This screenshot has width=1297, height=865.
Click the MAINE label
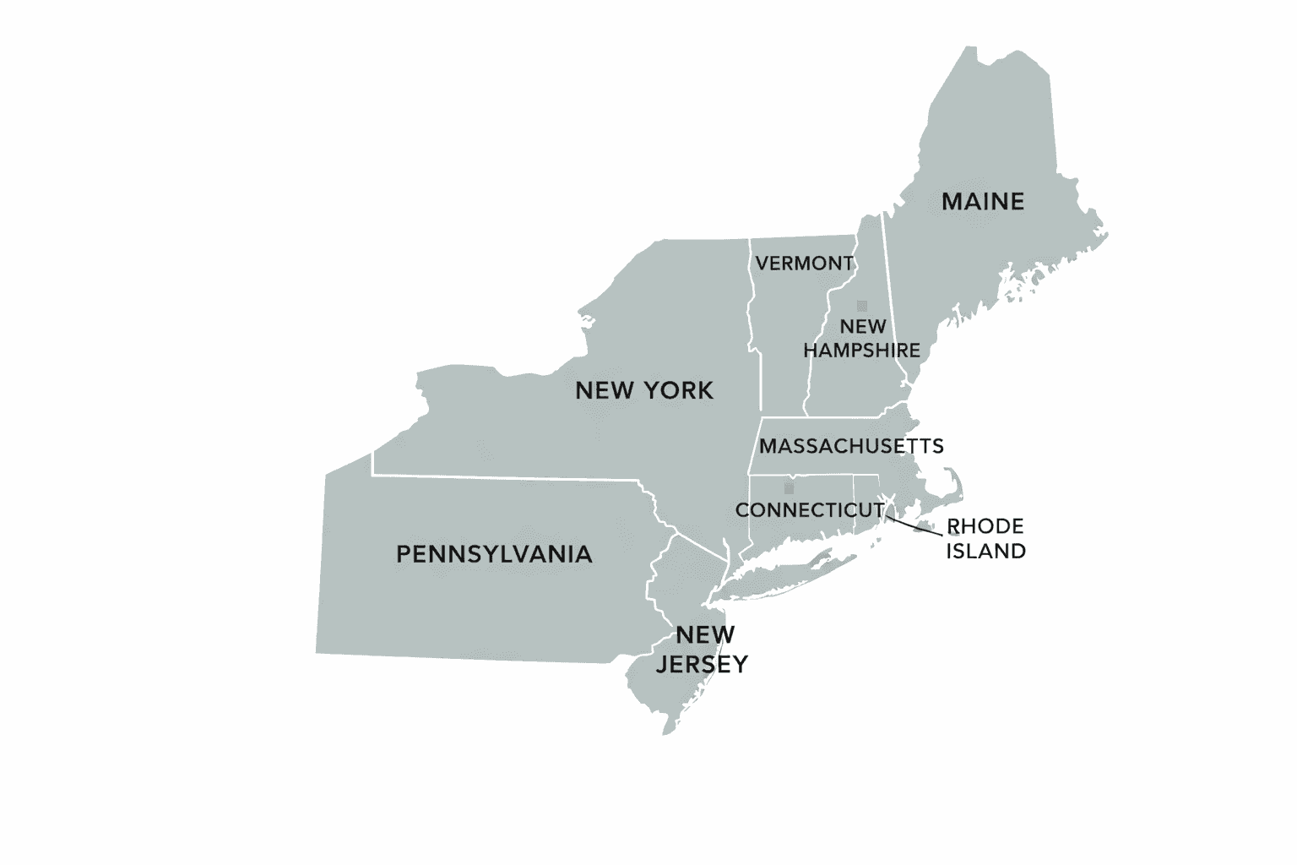pos(983,202)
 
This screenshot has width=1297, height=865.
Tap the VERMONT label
pos(804,264)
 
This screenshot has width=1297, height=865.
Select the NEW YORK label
pos(644,390)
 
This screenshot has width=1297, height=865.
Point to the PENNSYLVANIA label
pos(494,554)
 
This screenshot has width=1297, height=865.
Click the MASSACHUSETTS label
pos(851,446)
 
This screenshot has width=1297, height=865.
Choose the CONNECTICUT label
pos(810,510)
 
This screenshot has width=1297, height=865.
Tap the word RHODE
pos(985,527)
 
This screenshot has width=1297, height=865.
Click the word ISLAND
pos(985,552)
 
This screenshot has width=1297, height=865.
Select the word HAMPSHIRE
pos(862,350)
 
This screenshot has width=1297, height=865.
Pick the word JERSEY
pos(702,665)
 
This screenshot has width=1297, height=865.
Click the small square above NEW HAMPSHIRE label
pos(862,306)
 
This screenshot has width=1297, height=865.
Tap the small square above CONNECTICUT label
pos(789,488)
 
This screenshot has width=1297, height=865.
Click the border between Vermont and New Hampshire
pos(823,338)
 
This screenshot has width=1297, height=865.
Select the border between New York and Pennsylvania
pos(507,477)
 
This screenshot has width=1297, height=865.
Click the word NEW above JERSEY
pos(705,634)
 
